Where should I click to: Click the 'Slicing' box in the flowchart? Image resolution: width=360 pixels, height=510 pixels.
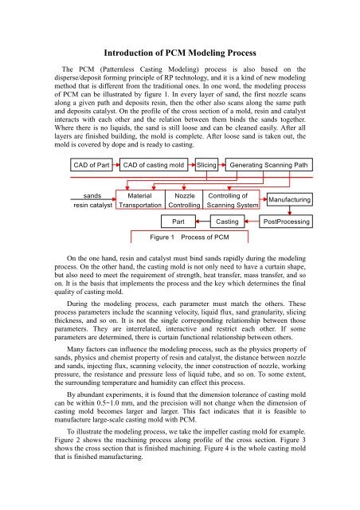point(208,166)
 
